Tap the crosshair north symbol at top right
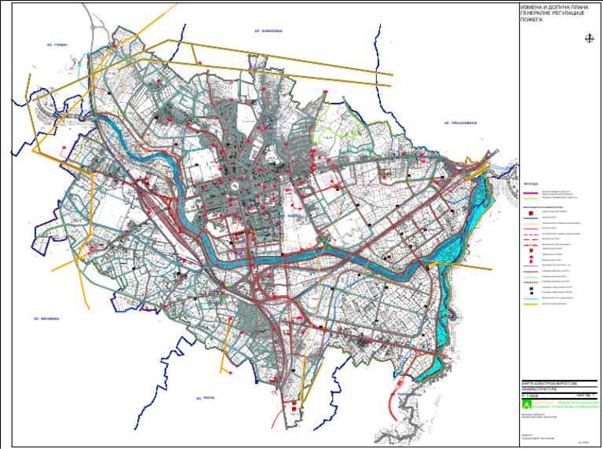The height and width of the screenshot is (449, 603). click(588, 37)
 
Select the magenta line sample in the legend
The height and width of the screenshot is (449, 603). click(530, 192)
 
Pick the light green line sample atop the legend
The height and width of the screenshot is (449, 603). click(530, 198)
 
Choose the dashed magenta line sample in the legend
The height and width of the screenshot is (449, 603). click(530, 235)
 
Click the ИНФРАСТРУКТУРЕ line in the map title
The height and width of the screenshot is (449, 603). click(538, 389)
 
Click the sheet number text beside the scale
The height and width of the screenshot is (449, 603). click(581, 395)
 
